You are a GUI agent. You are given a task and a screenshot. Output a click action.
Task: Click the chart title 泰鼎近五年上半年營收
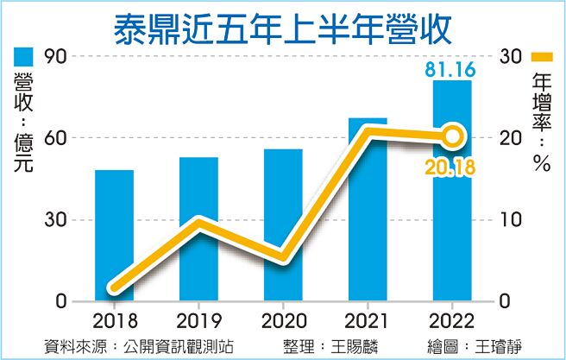284,26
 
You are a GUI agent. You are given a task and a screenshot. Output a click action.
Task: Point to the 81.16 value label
451,67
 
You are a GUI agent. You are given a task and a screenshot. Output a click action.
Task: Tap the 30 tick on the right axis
511,56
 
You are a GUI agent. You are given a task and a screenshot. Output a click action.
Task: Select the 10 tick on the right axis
511,220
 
